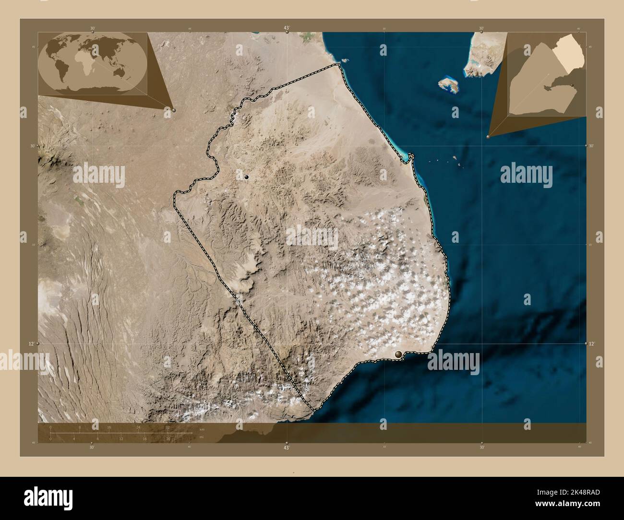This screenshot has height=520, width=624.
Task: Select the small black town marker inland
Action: click(247, 177)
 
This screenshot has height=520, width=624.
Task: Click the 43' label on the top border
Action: click(287, 28)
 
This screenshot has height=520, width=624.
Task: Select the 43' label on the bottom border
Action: click(287, 447)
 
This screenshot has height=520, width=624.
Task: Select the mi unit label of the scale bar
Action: click(202, 437)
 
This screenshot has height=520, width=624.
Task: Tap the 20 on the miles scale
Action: click(168, 438)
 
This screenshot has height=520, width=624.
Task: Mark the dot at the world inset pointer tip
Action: click(174, 110)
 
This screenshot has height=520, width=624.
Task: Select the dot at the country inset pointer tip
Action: click(488, 137)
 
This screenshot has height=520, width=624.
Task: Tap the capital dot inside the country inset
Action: click(573, 85)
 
